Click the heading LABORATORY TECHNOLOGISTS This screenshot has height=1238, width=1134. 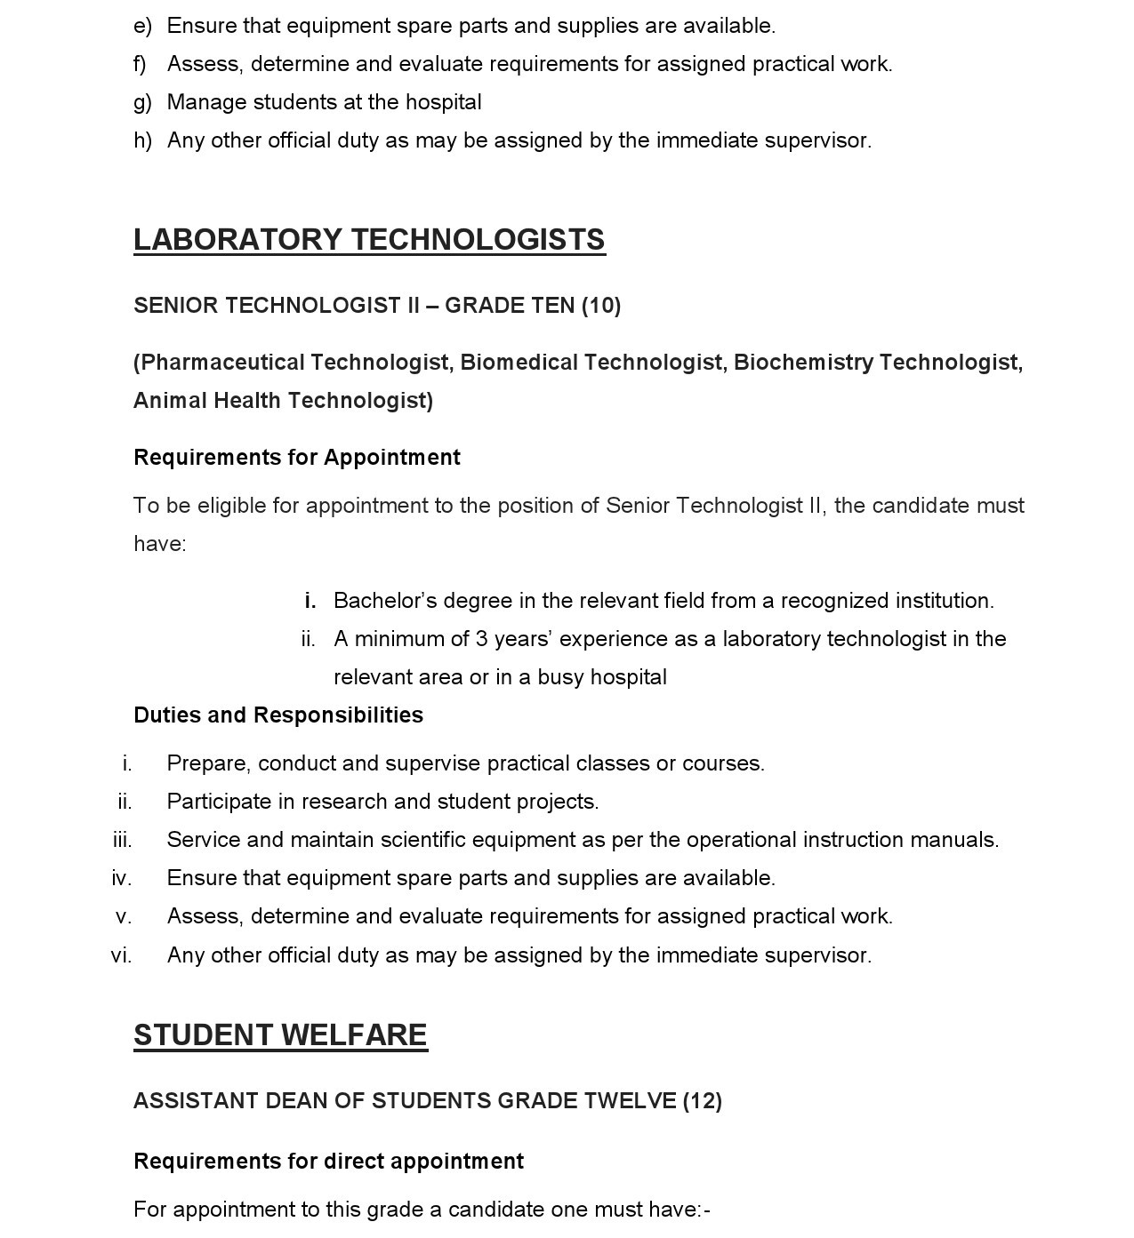click(x=369, y=240)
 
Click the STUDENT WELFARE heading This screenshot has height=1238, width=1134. click(x=280, y=1035)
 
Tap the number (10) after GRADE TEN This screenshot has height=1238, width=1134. click(x=601, y=306)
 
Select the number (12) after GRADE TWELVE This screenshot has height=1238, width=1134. click(x=703, y=1101)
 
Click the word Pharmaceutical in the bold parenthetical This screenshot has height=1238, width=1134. click(x=223, y=363)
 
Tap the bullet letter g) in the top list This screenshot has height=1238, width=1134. click(x=142, y=102)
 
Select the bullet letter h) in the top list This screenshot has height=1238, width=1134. click(x=142, y=140)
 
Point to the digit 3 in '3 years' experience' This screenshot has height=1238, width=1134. click(x=481, y=639)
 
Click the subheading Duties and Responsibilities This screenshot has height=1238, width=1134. click(x=278, y=715)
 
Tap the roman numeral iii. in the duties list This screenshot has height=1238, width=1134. click(x=123, y=840)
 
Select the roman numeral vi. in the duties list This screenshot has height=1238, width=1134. click(x=122, y=955)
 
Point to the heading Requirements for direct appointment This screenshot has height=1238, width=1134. click(x=328, y=1162)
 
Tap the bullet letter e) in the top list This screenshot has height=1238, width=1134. click(x=142, y=26)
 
